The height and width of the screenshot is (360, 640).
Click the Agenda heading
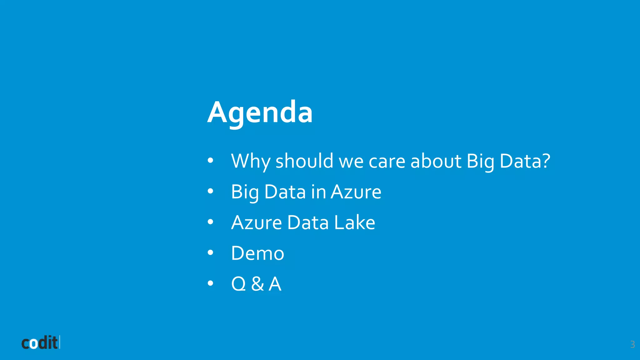pos(260,112)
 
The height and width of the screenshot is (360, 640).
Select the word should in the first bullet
pos(304,161)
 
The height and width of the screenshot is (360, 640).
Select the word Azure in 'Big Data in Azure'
pos(356,192)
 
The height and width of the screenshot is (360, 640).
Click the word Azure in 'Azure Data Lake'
pos(256,223)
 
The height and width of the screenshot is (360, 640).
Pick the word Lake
pos(354,223)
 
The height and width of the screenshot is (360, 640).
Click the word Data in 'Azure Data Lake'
pos(308,223)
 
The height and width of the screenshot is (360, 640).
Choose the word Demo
pos(257,253)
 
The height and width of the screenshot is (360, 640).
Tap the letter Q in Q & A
pos(239,284)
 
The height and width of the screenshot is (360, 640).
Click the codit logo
pos(40,343)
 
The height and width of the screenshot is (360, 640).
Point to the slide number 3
pos(632,344)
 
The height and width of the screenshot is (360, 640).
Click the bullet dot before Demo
pos(210,252)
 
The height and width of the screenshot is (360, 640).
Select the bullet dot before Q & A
pos(210,283)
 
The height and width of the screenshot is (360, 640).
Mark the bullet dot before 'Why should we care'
pos(210,160)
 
